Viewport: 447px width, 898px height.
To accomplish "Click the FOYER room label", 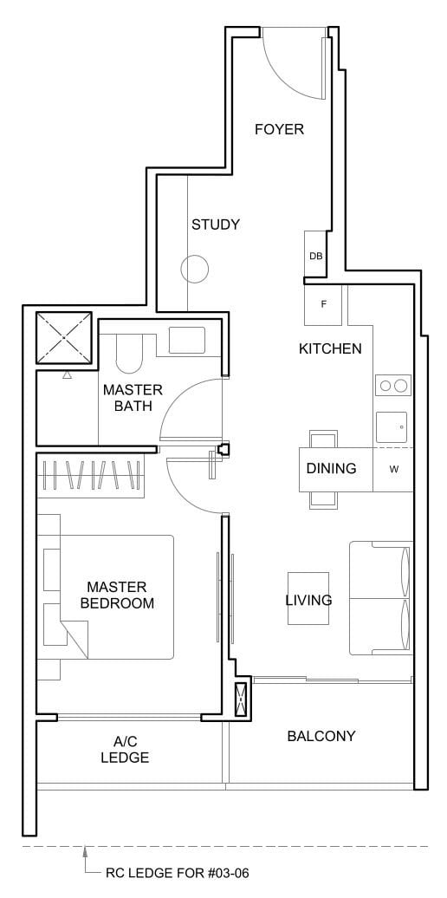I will coord(279,129).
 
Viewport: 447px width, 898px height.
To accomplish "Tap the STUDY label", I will coord(216,224).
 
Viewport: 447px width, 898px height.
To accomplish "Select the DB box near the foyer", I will coord(315,256).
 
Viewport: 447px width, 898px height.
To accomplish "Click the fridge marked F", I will coord(323,304).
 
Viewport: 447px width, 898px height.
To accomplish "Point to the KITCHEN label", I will coord(330,348).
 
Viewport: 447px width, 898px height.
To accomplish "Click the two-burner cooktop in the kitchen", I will coord(393,386).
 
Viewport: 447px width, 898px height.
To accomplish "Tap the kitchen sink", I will coord(393,426).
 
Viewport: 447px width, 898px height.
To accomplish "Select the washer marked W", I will coord(393,469).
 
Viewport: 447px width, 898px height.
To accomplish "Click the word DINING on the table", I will coord(331,469).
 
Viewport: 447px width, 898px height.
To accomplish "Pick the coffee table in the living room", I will coord(308,598).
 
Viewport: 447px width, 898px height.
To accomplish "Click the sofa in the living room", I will coord(381,598).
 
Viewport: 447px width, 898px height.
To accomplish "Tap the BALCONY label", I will coord(321,736).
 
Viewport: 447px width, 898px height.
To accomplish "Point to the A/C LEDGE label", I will coord(131,750).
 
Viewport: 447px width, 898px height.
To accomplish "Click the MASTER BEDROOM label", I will coord(117,595).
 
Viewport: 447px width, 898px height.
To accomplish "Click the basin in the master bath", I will coord(187,340).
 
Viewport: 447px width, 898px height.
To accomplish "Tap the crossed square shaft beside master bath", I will coord(63,338).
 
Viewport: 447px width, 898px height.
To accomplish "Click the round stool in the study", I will coord(196,270).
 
